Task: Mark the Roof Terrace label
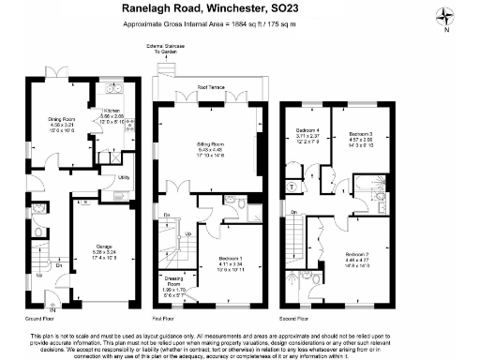pyautogui.click(x=209, y=87)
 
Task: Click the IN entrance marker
pyautogui.click(x=52, y=309)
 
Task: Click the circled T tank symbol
pyautogui.click(x=292, y=187)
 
